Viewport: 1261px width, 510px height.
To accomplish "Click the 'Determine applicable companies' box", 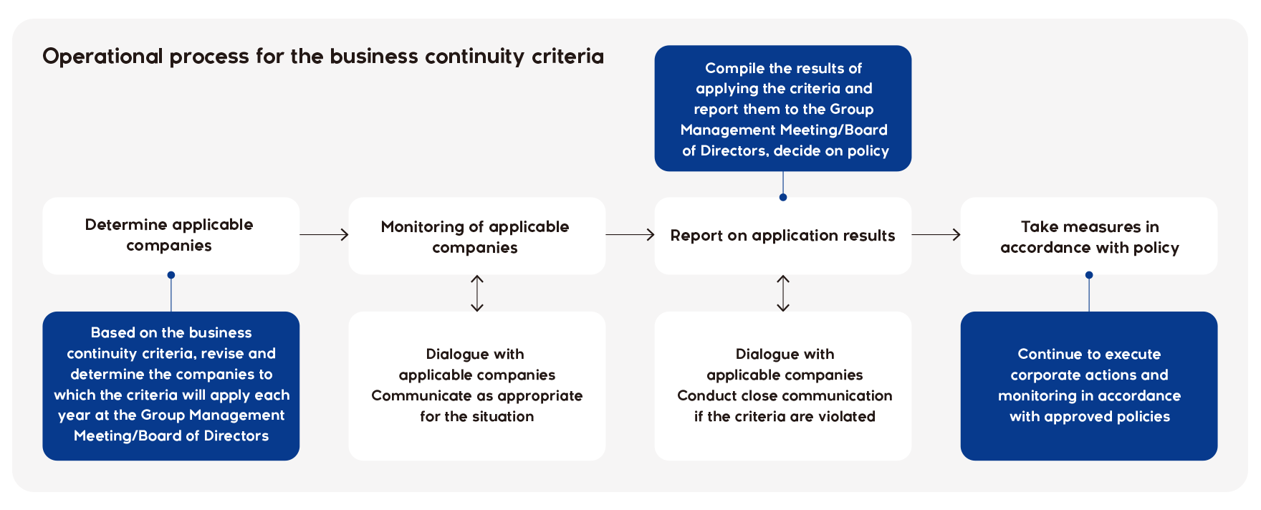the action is pyautogui.click(x=171, y=236).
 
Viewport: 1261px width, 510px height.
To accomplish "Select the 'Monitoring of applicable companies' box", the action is pyautogui.click(x=477, y=236).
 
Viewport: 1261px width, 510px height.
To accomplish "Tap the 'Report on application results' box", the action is pyautogui.click(x=783, y=236).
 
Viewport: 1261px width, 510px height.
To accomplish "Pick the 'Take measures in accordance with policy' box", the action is pyautogui.click(x=1089, y=236).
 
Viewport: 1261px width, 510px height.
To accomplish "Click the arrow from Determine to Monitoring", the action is pyautogui.click(x=324, y=234).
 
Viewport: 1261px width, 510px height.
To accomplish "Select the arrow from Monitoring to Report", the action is pyautogui.click(x=630, y=234).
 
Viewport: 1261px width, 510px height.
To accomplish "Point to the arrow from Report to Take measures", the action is pyautogui.click(x=936, y=234).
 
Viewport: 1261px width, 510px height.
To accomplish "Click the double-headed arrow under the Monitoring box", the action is pyautogui.click(x=477, y=294).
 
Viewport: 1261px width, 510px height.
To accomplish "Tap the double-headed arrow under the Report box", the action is pyautogui.click(x=783, y=294).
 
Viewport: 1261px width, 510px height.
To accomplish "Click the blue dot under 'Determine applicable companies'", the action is pyautogui.click(x=171, y=275).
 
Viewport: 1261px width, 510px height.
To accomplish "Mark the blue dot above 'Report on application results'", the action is pyautogui.click(x=783, y=197).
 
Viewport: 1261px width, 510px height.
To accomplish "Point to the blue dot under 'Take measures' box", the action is pyautogui.click(x=1089, y=275).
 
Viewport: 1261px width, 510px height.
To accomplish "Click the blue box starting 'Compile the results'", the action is pyautogui.click(x=783, y=108).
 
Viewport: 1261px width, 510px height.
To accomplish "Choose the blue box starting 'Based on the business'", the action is pyautogui.click(x=171, y=386).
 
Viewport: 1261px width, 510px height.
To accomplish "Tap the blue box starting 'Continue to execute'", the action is pyautogui.click(x=1089, y=386).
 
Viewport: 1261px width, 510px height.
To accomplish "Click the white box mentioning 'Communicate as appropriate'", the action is pyautogui.click(x=477, y=386).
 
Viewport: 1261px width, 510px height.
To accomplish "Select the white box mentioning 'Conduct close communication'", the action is pyautogui.click(x=783, y=386).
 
